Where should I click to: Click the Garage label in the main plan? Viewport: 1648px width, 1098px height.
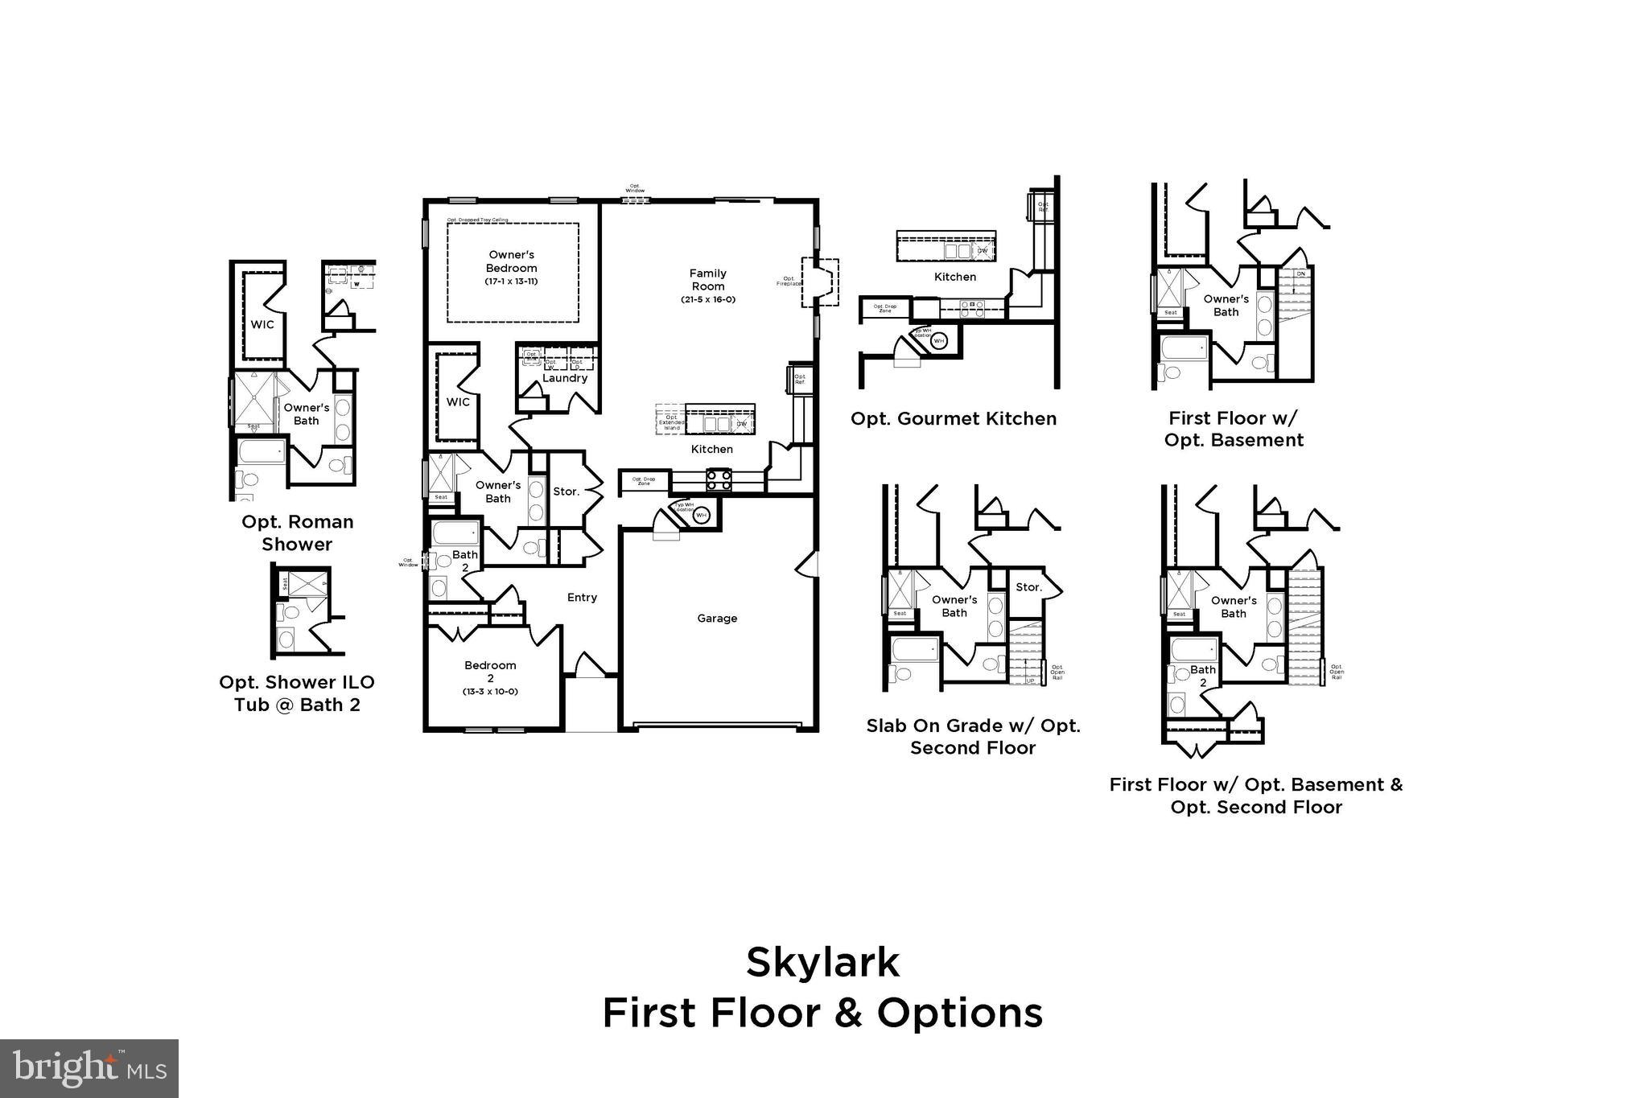click(716, 619)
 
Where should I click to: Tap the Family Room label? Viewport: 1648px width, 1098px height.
click(707, 280)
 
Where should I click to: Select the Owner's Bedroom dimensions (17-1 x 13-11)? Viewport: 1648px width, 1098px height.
click(511, 282)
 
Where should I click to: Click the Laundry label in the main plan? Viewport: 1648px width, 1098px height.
click(564, 378)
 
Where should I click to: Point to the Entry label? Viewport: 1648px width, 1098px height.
click(582, 598)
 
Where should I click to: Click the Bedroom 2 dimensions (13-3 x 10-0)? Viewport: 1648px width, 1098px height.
click(490, 692)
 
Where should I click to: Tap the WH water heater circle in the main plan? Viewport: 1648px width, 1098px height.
click(701, 515)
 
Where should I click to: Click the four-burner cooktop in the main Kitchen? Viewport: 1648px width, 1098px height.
click(719, 480)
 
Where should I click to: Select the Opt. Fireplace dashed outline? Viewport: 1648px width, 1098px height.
click(819, 282)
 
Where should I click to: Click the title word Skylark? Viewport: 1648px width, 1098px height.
click(822, 962)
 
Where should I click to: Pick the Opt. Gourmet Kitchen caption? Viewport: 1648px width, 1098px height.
click(954, 418)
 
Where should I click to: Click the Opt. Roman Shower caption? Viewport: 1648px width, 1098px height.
click(297, 533)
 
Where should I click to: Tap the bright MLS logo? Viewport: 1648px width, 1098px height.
click(89, 1068)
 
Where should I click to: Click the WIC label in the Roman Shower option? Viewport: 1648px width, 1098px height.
click(262, 325)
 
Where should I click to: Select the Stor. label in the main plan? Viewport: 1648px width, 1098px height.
click(566, 491)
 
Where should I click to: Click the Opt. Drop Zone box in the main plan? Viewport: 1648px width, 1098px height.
click(644, 481)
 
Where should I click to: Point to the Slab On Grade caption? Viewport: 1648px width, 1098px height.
click(973, 736)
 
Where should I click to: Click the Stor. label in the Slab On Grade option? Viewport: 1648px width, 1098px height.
click(1028, 587)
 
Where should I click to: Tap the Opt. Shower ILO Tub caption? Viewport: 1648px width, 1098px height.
click(297, 693)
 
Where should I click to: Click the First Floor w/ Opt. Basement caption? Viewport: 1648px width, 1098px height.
click(1234, 429)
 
